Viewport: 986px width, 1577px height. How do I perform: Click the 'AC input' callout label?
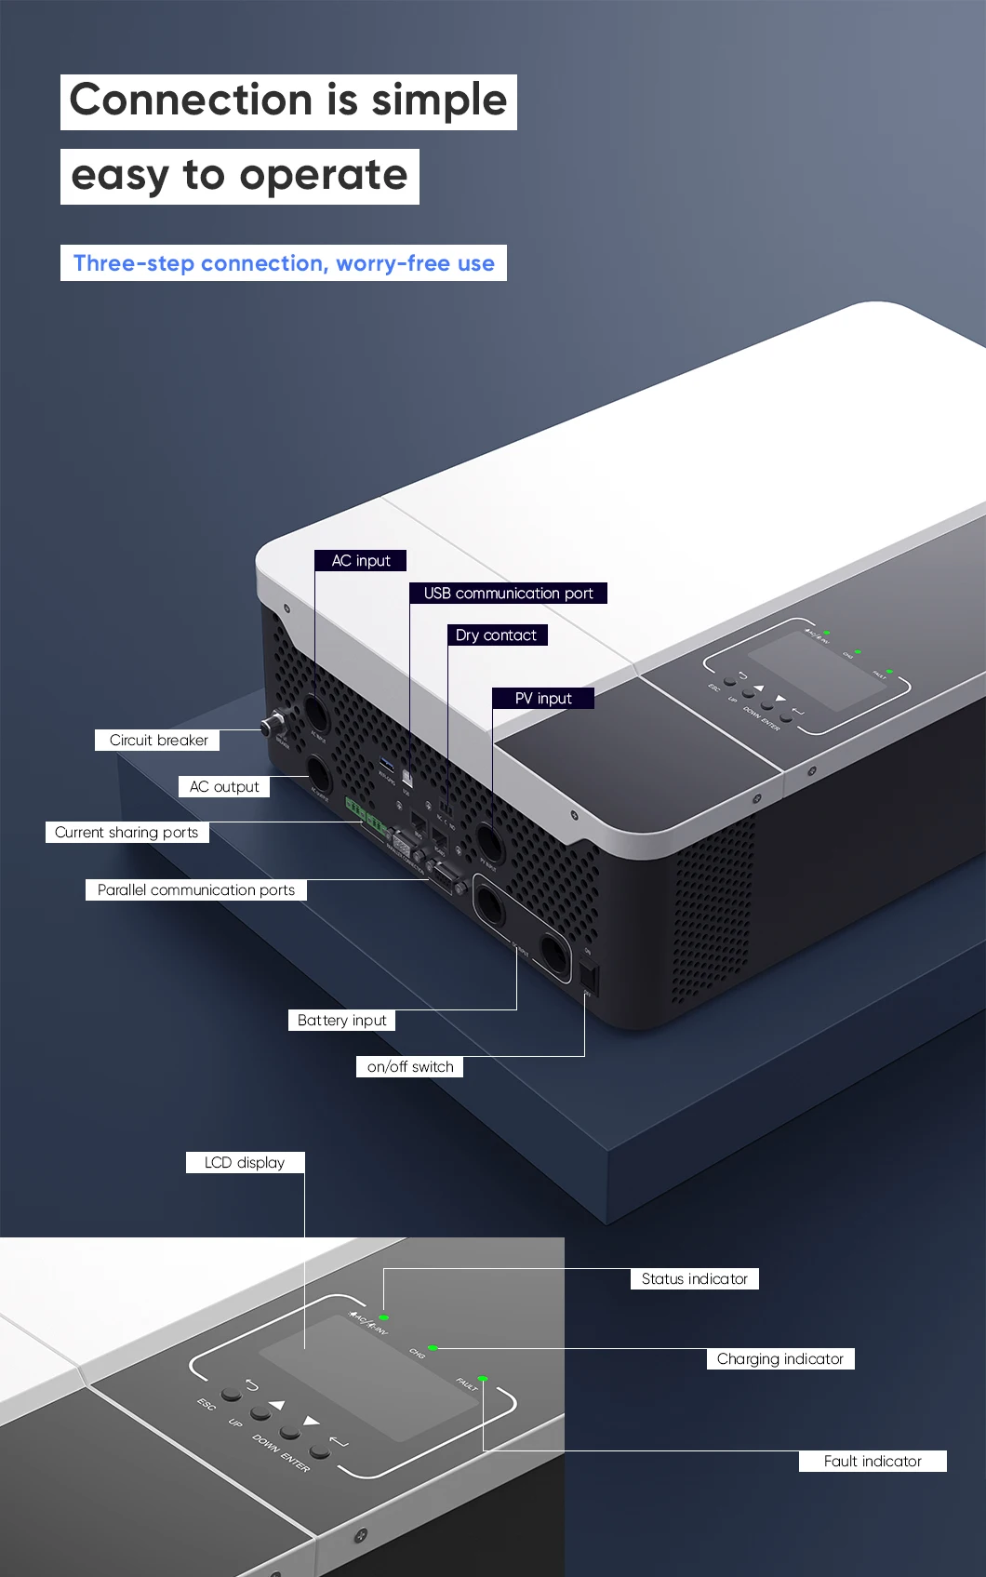pos(361,560)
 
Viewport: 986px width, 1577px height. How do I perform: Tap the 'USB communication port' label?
pos(508,594)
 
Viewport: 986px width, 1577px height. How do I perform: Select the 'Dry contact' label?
pos(496,635)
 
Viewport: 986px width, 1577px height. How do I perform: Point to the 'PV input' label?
pos(543,699)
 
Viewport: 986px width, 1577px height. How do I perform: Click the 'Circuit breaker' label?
pos(158,741)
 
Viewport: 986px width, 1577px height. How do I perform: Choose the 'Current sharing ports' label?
pos(127,833)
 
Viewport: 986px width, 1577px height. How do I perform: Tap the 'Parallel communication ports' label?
pos(195,890)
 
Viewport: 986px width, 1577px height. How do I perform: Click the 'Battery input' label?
pos(341,1021)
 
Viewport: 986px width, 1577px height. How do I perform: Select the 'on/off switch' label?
pos(410,1067)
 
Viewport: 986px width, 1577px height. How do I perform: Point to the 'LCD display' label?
pos(245,1163)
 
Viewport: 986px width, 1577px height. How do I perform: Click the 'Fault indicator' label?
pos(873,1462)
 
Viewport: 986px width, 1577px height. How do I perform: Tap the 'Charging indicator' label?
pos(779,1359)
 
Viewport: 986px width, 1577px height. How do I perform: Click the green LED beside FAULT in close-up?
pos(482,1379)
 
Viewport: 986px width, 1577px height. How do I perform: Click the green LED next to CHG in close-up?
pos(433,1347)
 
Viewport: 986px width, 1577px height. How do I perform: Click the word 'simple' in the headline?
pos(439,100)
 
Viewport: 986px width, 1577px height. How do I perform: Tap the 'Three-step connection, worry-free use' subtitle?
pos(284,263)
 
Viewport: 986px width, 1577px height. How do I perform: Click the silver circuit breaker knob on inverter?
pos(273,725)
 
